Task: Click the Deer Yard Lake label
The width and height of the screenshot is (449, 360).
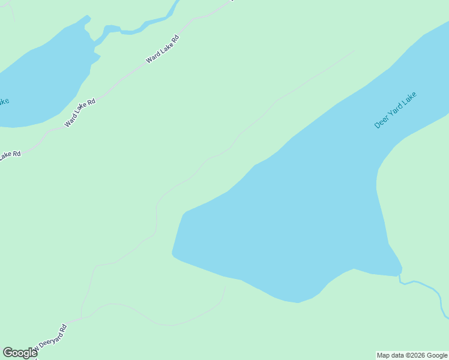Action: [395, 110]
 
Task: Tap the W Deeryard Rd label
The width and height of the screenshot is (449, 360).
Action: [49, 338]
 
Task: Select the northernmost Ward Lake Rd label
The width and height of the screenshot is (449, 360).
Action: [163, 50]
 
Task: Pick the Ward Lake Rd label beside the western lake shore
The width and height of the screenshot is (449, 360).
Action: [80, 113]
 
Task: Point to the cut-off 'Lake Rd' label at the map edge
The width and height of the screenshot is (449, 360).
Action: [10, 155]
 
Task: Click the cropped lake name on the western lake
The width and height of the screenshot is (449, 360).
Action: [4, 101]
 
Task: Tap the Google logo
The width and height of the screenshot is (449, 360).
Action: [20, 353]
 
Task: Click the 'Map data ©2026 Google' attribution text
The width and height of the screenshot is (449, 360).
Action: [412, 355]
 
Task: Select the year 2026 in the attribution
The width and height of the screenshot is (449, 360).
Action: [418, 355]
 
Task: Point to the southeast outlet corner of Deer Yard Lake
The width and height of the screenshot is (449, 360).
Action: [400, 273]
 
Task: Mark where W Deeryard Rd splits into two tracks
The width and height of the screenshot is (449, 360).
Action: [82, 317]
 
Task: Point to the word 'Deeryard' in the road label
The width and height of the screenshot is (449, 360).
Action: [53, 335]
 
